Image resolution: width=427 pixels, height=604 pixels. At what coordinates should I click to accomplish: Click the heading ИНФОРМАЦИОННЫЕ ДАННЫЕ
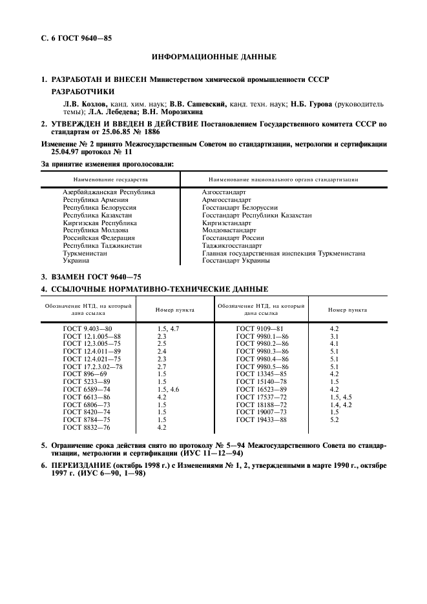point(213,57)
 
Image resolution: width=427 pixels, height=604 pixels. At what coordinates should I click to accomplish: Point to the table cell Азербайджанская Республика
point(109,192)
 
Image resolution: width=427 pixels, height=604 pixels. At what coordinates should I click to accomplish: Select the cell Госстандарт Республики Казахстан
point(256,215)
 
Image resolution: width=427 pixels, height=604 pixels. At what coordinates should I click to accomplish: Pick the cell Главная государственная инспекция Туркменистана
point(283,254)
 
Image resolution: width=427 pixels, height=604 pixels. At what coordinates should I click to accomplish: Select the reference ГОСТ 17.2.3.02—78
point(92,367)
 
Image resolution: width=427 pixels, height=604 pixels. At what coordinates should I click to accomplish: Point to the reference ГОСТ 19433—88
point(261,419)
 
